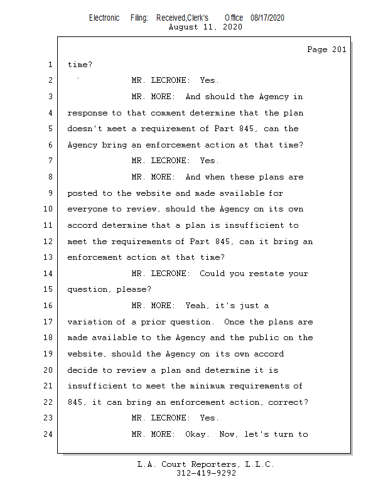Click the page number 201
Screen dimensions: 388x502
click(x=339, y=50)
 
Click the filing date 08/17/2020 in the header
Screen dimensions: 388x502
click(x=267, y=18)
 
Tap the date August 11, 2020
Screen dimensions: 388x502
click(x=205, y=27)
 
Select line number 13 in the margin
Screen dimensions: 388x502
click(x=48, y=257)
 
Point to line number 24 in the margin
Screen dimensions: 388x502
click(x=48, y=434)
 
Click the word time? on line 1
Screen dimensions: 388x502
click(x=80, y=65)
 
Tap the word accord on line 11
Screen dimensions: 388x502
click(x=82, y=225)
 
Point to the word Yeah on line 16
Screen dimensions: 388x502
click(x=195, y=306)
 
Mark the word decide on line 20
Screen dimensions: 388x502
click(x=82, y=370)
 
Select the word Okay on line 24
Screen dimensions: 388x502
click(x=195, y=434)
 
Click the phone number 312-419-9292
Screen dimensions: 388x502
click(x=206, y=473)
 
